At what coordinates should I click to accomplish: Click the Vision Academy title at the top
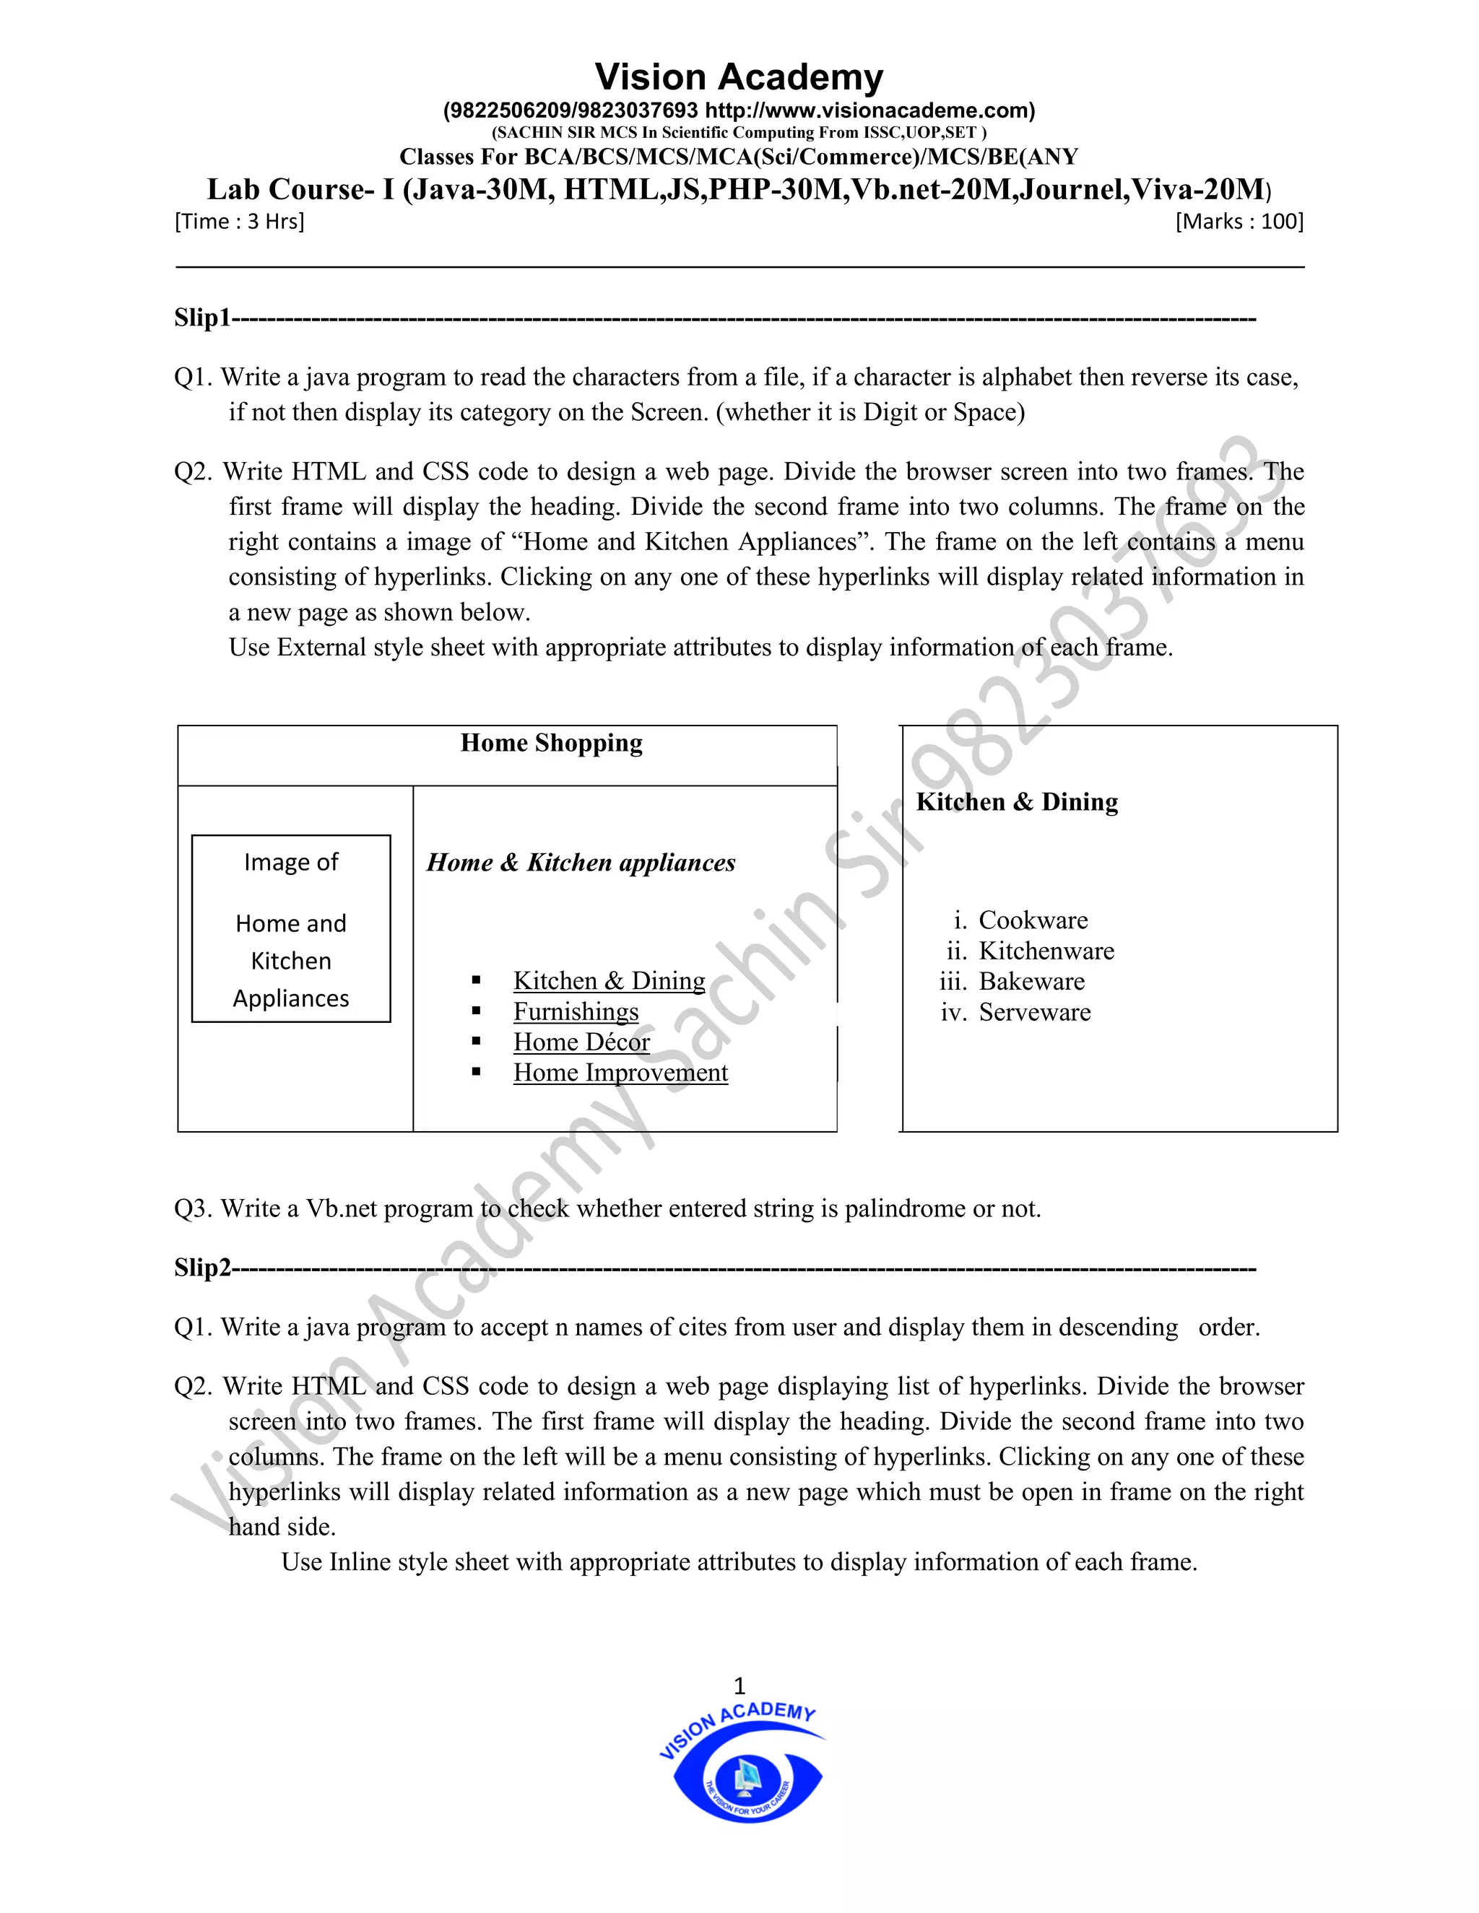[x=739, y=77]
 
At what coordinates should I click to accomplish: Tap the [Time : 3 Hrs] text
[x=239, y=222]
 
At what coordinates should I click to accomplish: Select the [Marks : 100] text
[x=1239, y=222]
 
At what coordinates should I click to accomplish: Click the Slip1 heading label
[x=201, y=317]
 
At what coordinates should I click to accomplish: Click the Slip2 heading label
[x=201, y=1268]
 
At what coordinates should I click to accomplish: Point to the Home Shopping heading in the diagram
[x=551, y=743]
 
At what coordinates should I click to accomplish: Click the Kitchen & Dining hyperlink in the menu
[x=609, y=980]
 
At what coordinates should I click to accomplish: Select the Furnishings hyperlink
[x=576, y=1011]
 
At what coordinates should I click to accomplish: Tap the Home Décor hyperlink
[x=581, y=1042]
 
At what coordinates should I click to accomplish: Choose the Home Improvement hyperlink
[x=620, y=1072]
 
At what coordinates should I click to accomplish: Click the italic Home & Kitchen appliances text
[x=581, y=863]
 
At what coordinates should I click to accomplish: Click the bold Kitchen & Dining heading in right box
[x=1016, y=801]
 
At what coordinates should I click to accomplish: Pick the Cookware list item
[x=1033, y=920]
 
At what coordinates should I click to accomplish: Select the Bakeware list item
[x=1031, y=981]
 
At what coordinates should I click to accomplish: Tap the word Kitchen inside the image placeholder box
[x=291, y=961]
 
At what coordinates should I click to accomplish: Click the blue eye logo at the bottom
[x=747, y=1778]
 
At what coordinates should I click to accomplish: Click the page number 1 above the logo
[x=739, y=1686]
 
